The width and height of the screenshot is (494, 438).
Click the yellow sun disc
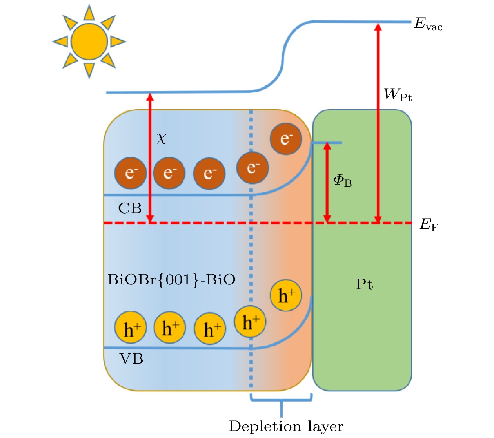(89, 42)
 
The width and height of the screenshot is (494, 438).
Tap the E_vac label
(428, 24)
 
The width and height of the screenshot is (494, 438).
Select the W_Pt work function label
(398, 95)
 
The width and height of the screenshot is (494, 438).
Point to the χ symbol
(161, 138)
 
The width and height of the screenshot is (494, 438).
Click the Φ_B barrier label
(342, 181)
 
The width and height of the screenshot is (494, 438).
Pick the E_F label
(429, 225)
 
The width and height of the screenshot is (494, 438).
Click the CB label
(130, 208)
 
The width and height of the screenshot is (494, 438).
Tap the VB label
(131, 358)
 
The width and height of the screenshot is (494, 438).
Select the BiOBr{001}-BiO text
(171, 280)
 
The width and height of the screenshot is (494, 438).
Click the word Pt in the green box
(364, 284)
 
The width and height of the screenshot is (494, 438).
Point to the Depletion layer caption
(286, 426)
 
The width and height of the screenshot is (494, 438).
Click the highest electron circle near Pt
(286, 139)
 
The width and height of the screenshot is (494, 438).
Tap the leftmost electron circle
(131, 173)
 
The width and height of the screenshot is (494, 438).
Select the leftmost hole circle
(131, 328)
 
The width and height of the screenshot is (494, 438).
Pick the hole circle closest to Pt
(286, 295)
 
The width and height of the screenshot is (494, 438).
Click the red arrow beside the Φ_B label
(327, 183)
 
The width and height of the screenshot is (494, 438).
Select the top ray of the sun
(89, 13)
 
